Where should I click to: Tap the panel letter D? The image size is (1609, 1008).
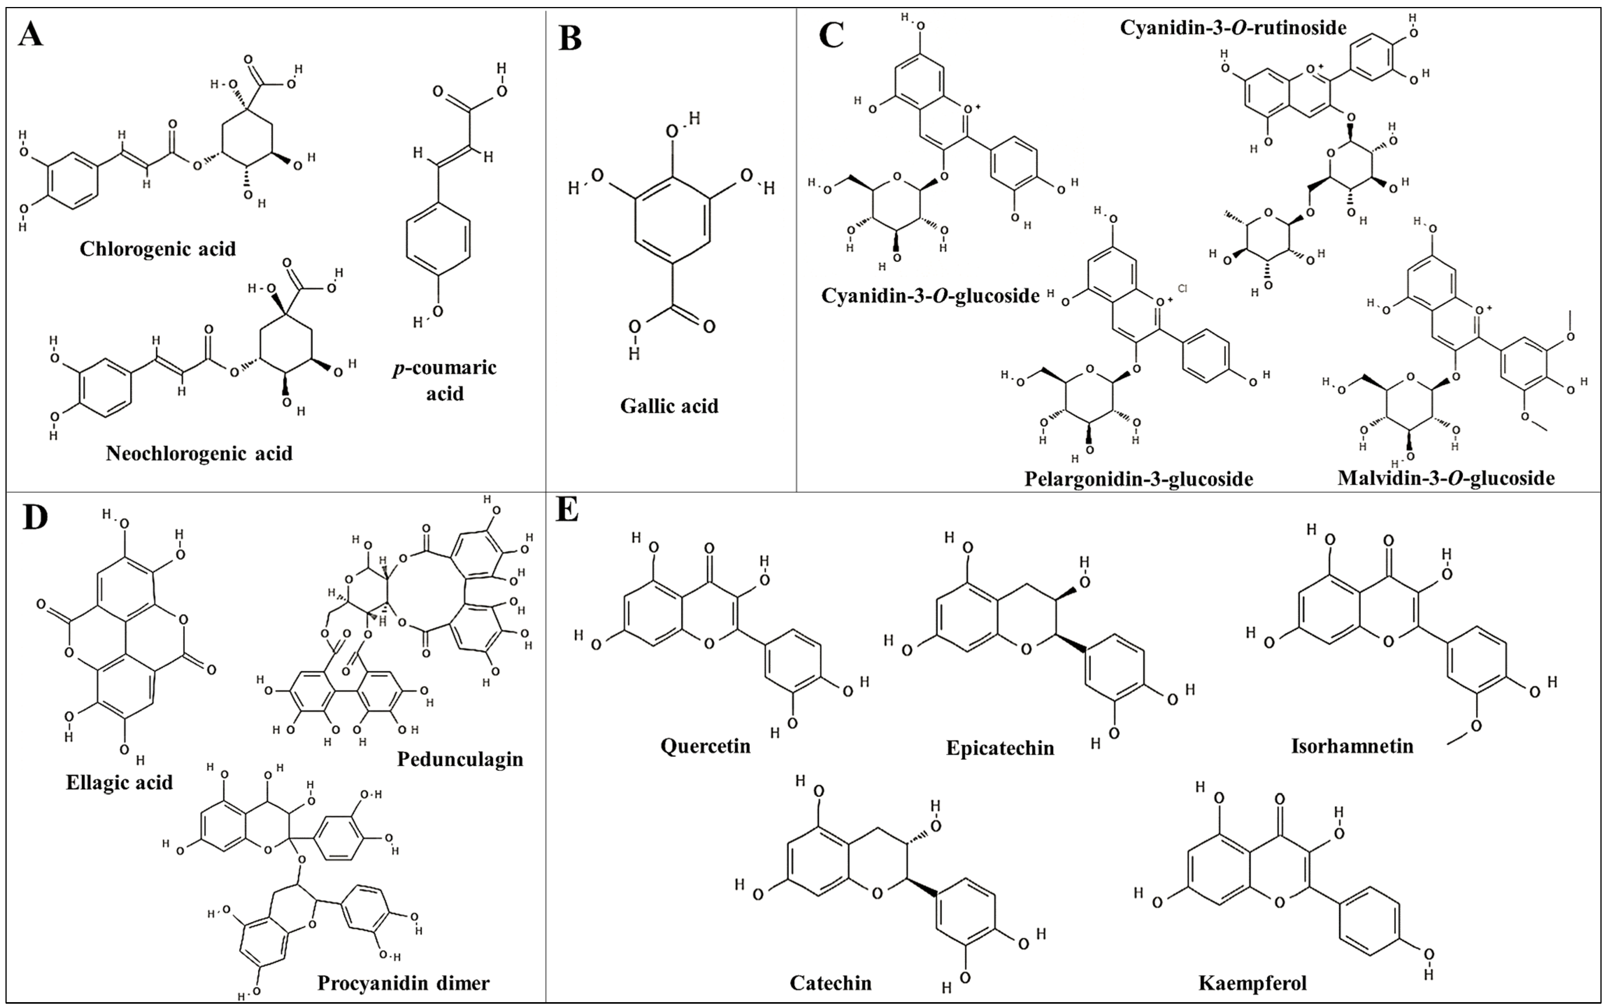tap(35, 518)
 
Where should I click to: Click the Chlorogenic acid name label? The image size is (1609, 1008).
tap(158, 249)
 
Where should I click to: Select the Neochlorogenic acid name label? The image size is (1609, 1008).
tap(199, 453)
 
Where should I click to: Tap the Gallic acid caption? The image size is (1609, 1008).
tap(669, 405)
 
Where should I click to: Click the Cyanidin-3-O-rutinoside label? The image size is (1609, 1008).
tap(1233, 27)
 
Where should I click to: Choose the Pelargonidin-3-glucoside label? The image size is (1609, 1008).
tap(1138, 479)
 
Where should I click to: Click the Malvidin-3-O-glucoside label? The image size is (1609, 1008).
tap(1446, 477)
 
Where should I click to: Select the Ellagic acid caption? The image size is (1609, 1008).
tap(119, 782)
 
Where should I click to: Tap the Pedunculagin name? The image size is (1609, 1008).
tap(460, 759)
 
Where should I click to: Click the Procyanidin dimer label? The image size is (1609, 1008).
tap(403, 983)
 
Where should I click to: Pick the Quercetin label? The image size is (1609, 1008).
tap(705, 745)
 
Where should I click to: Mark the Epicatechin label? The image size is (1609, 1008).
tap(1000, 747)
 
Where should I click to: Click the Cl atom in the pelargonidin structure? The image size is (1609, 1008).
tap(1183, 289)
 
